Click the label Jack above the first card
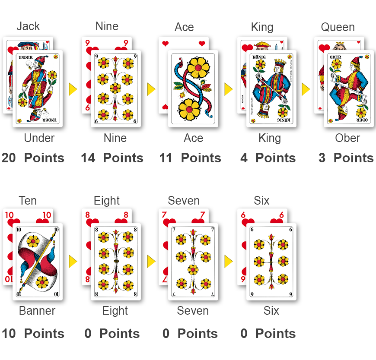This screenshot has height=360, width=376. [28, 26]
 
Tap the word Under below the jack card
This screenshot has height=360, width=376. [39, 138]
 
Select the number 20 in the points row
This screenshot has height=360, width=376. [9, 158]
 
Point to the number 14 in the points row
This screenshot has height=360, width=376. [88, 158]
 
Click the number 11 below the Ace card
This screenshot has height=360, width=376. [166, 158]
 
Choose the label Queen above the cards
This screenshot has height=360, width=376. [338, 27]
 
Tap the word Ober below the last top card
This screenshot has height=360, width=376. [347, 138]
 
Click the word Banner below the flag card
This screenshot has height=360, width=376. [37, 311]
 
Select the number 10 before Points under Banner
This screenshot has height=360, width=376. [9, 334]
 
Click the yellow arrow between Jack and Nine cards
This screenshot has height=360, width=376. [73, 89]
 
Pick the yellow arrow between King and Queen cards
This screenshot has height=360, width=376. [306, 89]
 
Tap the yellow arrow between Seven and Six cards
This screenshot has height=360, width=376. [228, 261]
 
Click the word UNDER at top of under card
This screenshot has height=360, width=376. [25, 57]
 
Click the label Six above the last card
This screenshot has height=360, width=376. [261, 201]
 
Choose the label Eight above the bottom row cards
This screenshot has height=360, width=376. [107, 201]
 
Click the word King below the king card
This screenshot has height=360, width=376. [270, 138]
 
